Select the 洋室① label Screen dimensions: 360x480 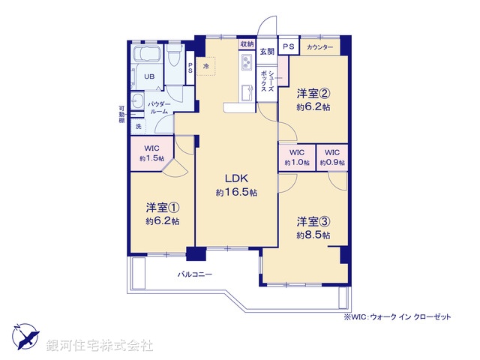[162, 207]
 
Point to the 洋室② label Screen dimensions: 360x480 [312, 94]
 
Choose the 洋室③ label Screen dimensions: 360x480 [313, 221]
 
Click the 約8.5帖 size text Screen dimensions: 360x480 [313, 235]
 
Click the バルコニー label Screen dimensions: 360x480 [195, 274]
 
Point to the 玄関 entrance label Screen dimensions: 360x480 [267, 52]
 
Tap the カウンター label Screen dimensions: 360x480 [319, 47]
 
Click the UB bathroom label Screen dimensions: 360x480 [149, 76]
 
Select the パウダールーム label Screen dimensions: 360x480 [157, 107]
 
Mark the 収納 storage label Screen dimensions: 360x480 [247, 45]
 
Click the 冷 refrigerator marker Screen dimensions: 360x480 [205, 66]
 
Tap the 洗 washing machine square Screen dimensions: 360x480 [138, 127]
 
